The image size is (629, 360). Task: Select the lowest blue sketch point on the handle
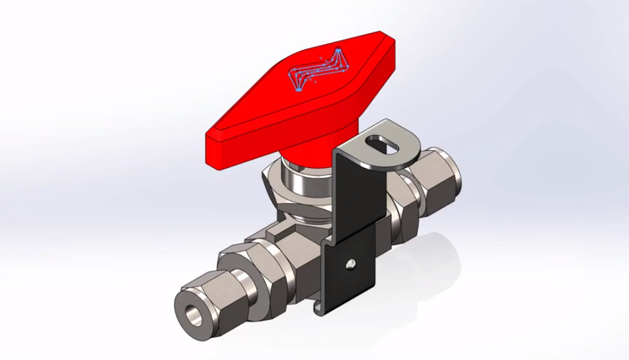[299, 90]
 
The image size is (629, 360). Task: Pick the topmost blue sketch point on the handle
[339, 50]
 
